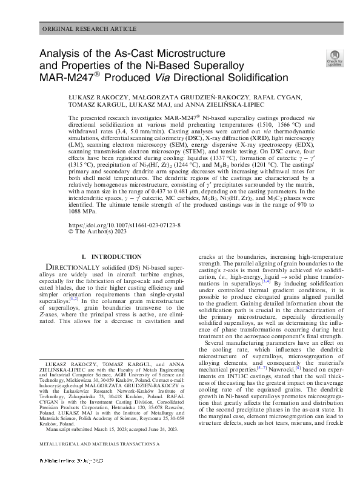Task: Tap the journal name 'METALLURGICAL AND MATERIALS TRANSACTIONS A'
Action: point(99,461)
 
